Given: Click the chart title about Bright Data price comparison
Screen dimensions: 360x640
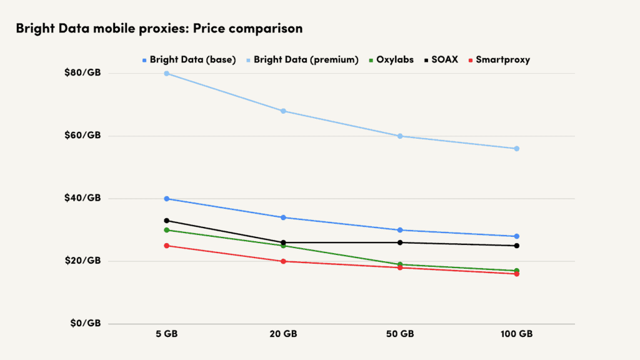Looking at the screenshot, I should click(159, 29).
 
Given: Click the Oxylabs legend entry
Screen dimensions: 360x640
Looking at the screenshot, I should click(394, 60).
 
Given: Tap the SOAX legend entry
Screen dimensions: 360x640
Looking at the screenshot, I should click(446, 60).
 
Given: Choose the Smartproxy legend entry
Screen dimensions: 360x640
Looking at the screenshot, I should click(502, 60).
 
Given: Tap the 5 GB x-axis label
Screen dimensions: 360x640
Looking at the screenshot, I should click(167, 334).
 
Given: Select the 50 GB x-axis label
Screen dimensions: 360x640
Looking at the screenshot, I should click(400, 334).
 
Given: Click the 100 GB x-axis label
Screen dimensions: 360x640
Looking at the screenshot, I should click(517, 334).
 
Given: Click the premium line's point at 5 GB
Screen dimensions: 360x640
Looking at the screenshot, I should click(167, 73).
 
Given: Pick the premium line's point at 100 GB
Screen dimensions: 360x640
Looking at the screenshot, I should click(517, 149).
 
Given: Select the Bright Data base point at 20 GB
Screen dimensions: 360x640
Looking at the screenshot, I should click(283, 217).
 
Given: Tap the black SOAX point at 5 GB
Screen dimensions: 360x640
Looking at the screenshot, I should click(167, 221).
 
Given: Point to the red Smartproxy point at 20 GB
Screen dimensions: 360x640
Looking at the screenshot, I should click(283, 261).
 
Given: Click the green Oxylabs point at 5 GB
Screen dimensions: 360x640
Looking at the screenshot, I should click(167, 230).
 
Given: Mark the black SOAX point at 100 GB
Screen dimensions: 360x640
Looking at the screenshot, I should click(517, 246).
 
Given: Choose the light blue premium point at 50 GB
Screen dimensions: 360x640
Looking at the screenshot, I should click(400, 136).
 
